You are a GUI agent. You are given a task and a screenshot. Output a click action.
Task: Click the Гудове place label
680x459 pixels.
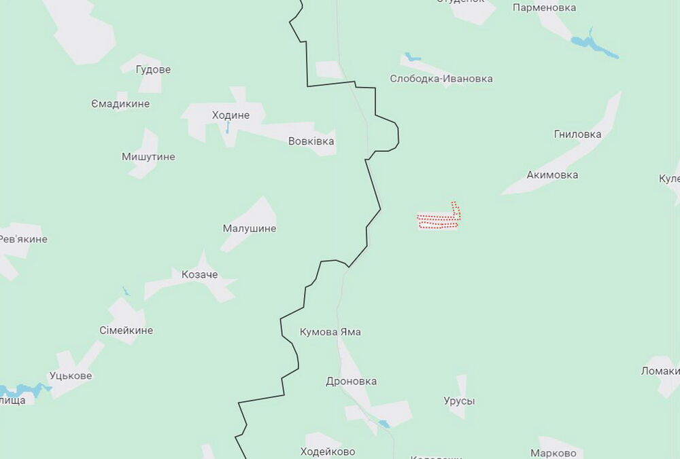coord(153,70)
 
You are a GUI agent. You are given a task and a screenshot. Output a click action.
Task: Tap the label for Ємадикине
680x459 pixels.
coord(120,104)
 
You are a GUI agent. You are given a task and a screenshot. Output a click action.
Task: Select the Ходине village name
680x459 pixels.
coord(231,115)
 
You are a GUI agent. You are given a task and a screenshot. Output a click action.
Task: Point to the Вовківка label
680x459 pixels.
coord(311,141)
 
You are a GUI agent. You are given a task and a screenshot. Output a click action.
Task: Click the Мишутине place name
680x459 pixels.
coord(148,157)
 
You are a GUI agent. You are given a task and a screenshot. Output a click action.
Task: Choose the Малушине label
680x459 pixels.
coord(250,229)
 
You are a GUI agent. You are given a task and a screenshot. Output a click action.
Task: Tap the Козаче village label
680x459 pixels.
coord(200,274)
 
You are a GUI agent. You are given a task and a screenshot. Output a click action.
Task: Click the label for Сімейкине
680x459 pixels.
coord(126,331)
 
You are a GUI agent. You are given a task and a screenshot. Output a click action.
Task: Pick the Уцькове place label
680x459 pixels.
coord(71,375)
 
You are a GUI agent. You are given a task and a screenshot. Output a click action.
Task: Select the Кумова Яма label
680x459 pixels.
coord(330,332)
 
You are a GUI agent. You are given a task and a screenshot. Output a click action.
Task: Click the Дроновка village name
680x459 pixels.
coord(352,382)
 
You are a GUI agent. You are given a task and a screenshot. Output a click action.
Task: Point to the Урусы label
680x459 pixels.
coord(459,401)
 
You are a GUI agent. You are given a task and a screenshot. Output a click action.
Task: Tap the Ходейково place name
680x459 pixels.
coord(328,452)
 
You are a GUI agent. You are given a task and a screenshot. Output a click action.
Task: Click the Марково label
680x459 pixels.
coord(554,453)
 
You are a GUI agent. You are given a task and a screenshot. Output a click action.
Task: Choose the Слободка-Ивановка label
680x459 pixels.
coord(441,79)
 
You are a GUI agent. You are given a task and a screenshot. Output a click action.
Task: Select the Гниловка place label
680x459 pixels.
coord(577,134)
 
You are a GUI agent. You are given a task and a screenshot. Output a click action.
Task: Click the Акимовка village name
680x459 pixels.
coord(552,175)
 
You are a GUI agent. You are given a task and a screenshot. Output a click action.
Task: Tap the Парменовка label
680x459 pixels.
coord(544,8)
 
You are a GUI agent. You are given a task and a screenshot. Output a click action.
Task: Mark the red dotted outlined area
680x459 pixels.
coord(439,220)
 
